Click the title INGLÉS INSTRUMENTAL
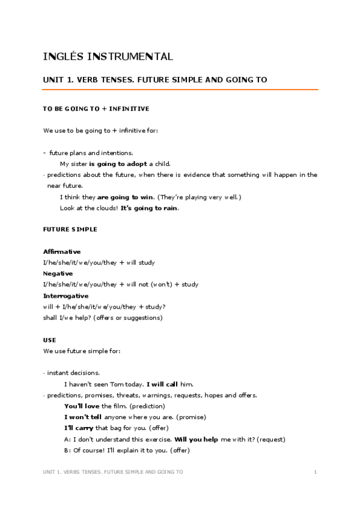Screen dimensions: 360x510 (108, 57)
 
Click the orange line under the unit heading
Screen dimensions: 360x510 (180, 90)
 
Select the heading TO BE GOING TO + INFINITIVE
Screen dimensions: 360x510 (96, 109)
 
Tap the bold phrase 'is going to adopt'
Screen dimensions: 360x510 (118, 164)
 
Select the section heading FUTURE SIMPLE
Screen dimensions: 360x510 (70, 229)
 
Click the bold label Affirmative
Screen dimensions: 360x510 (62, 251)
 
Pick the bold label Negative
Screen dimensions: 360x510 (58, 273)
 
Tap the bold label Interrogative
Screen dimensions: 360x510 (66, 295)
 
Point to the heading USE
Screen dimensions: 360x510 (49, 340)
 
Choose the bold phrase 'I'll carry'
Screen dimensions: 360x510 (79, 428)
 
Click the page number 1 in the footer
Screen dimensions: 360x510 (315, 472)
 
